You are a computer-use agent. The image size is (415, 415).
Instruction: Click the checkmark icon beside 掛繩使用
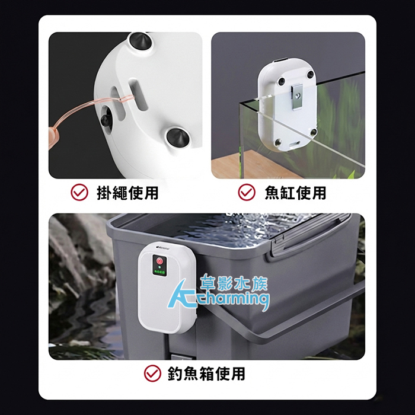coord(79,192)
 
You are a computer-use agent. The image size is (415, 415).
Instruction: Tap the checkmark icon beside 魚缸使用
coord(247,192)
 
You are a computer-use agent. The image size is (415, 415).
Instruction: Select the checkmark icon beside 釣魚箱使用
coord(152,373)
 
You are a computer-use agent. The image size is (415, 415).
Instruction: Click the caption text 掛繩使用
coord(127,193)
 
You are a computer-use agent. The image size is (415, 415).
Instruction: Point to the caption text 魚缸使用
coord(295,193)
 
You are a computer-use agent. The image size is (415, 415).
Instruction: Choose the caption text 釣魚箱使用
coord(206,373)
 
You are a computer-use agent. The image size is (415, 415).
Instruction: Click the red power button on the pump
coord(159,261)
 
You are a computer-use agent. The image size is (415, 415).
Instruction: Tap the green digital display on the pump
coord(159,272)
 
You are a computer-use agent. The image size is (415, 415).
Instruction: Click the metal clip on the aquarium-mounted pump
coord(298,95)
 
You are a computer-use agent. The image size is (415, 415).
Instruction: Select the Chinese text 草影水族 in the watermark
coord(234,284)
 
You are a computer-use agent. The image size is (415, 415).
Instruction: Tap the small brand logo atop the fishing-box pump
coord(164,248)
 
